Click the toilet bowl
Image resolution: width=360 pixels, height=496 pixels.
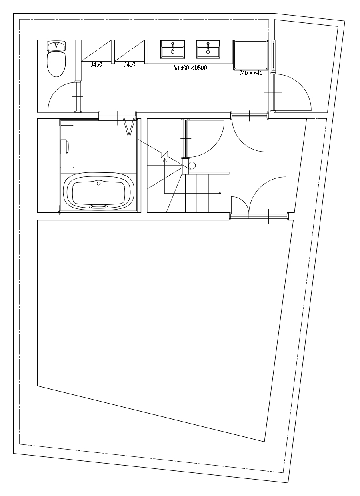click(x=56, y=64)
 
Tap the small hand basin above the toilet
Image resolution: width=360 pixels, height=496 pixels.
click(x=56, y=46)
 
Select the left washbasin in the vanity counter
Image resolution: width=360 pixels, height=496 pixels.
click(x=172, y=49)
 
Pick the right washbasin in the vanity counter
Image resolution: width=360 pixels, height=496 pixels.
click(x=208, y=49)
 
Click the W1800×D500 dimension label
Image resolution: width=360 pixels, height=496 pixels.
click(x=190, y=68)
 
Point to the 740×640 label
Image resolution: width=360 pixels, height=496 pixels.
click(x=251, y=73)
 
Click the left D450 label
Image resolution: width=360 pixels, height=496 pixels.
click(x=96, y=65)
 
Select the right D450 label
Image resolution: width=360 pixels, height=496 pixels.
click(x=130, y=65)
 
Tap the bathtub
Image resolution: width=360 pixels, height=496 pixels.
click(x=99, y=191)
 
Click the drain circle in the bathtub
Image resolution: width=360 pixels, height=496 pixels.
click(x=99, y=183)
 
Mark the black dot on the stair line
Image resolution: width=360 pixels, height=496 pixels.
click(x=220, y=193)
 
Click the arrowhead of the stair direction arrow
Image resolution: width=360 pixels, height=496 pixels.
click(x=164, y=160)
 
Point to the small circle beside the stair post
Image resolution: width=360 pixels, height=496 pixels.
click(x=192, y=165)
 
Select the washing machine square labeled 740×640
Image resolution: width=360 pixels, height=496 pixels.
click(x=251, y=55)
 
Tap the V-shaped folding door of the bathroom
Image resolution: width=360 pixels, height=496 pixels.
click(x=129, y=127)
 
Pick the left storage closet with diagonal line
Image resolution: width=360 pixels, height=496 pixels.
click(x=96, y=50)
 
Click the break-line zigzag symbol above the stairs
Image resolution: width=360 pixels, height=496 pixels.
click(x=164, y=154)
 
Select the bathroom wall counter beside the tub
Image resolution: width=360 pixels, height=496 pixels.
click(x=67, y=147)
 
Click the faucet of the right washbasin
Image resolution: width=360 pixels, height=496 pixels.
click(x=208, y=45)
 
